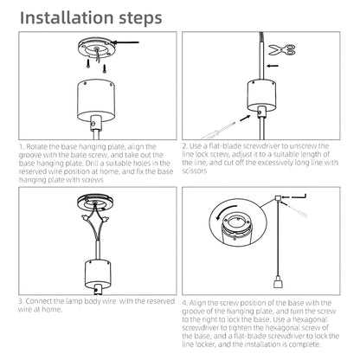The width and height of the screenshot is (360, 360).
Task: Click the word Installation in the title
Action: tap(67, 17)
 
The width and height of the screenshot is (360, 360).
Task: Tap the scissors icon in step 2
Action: tap(282, 49)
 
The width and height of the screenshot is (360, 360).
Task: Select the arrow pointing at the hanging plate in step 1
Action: tap(125, 42)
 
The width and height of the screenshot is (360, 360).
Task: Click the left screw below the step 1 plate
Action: tap(88, 63)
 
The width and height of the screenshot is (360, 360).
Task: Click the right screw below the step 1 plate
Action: tap(104, 68)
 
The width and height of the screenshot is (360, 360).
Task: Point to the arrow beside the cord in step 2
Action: tap(273, 66)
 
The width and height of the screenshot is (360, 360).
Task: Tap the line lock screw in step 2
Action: tap(261, 112)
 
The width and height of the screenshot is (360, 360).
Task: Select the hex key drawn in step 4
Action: tap(299, 197)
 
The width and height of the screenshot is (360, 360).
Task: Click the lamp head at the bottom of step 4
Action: tap(277, 281)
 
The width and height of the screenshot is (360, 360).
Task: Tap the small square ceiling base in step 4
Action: tap(278, 198)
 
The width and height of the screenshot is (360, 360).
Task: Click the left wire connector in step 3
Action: tap(86, 218)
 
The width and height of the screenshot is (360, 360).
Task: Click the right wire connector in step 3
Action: tap(105, 218)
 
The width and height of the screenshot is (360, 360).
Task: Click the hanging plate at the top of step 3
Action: tap(95, 202)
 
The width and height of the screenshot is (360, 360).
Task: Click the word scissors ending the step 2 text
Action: tap(195, 170)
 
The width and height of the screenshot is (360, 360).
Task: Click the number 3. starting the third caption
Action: tap(21, 301)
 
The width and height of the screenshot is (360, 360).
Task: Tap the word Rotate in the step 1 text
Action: tap(37, 146)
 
